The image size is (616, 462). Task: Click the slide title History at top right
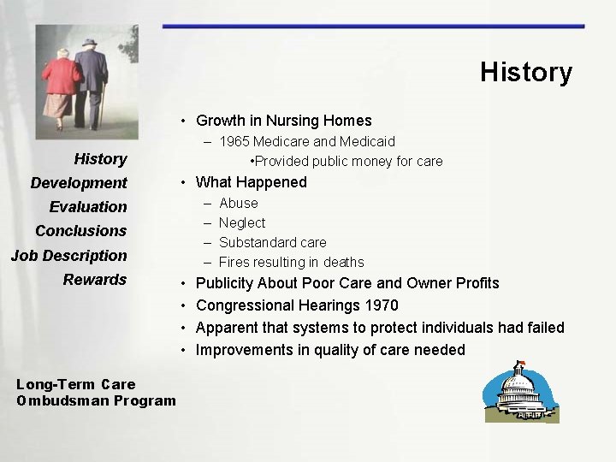pos(525,72)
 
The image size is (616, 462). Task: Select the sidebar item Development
pos(79,182)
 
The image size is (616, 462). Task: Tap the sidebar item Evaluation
pos(87,206)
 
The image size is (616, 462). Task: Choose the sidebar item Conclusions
pos(80,230)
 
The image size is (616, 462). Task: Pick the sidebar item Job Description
pos(68,255)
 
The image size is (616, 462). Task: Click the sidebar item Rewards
pos(94,279)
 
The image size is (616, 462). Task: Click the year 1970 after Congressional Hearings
pos(382,305)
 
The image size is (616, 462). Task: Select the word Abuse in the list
pos(239,203)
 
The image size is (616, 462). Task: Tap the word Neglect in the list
pos(242,222)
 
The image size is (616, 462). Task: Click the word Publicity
pos(225,283)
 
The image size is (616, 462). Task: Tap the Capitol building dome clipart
pos(523,388)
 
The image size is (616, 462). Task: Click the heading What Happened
pos(251,181)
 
